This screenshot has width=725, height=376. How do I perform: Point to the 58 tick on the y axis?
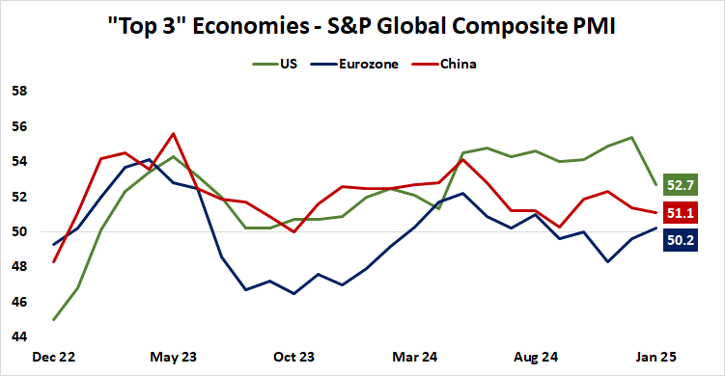[17, 92]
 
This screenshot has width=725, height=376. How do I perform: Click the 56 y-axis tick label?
[17, 126]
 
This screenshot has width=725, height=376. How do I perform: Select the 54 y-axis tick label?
[17, 161]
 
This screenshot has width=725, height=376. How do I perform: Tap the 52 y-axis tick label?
[17, 197]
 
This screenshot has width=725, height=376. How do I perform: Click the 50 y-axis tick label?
[17, 231]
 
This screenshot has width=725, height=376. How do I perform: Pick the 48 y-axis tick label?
[17, 266]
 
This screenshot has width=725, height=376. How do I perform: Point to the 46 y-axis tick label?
[17, 302]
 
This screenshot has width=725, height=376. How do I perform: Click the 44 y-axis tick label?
[17, 336]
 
